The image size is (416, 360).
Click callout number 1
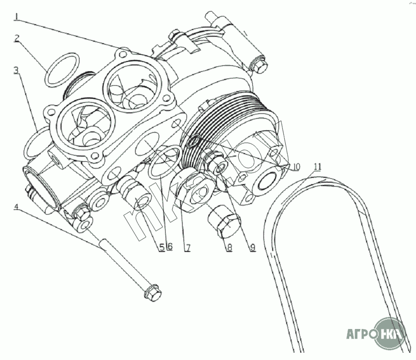(16, 17)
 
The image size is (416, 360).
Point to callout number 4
(16, 207)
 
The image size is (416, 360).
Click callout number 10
(295, 167)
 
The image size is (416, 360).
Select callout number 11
(317, 167)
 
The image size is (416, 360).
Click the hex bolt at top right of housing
(260, 65)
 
